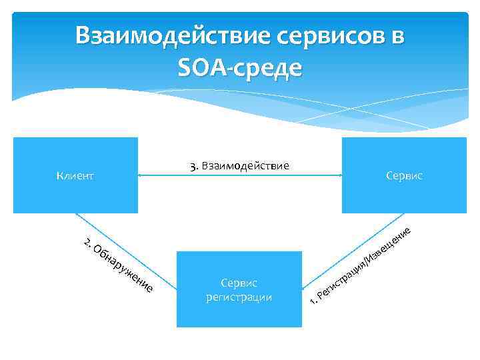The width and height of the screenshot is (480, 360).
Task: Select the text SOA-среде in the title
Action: tap(240, 68)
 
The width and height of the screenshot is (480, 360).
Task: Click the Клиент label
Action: tap(75, 176)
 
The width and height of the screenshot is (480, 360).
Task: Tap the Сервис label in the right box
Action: tap(404, 175)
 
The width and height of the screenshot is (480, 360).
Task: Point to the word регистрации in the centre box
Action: tap(239, 297)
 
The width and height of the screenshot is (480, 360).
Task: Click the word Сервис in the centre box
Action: tap(239, 283)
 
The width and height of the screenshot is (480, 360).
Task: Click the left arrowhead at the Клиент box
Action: tap(140, 176)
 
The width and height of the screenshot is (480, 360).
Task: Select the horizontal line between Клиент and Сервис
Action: tap(240, 176)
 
